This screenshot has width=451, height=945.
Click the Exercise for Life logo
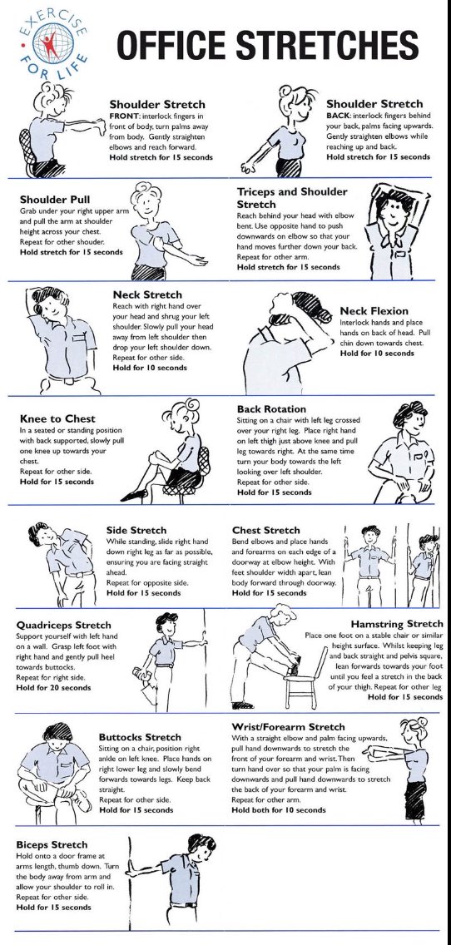pos(52,46)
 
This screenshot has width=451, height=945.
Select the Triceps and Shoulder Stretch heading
pos(293,197)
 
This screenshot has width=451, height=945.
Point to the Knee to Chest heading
pos(57,418)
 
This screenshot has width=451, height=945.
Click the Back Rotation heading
pos(274,409)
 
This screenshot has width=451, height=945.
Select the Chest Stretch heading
pos(265,530)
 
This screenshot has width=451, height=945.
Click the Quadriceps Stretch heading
pos(64,625)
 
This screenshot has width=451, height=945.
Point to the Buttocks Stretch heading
pos(140,737)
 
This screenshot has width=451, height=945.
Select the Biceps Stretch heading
pos(52,844)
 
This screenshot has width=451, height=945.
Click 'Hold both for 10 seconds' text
pos(279,809)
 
